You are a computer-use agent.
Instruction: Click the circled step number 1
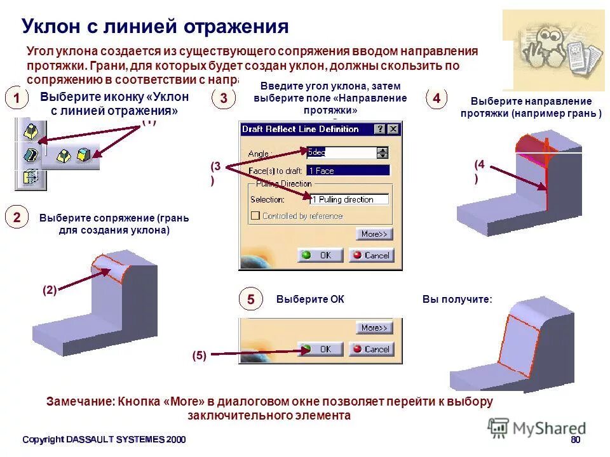point(17,98)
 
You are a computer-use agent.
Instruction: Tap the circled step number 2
point(17,217)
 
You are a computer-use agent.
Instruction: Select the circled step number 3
point(224,98)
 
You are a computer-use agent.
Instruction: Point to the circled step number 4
point(437,98)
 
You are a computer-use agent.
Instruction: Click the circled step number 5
point(250,300)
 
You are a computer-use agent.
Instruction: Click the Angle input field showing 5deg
point(341,152)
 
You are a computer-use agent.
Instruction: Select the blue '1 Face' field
point(348,170)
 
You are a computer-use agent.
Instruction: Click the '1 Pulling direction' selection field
point(349,199)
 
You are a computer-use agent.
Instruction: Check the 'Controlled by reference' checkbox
point(255,216)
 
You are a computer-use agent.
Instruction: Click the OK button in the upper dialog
point(320,255)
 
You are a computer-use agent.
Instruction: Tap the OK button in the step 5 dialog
point(320,349)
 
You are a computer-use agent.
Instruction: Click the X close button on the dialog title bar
point(394,129)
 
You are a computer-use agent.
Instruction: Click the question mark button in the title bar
point(380,129)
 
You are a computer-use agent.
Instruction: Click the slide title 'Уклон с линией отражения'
point(155,27)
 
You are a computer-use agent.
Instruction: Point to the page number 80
point(575,440)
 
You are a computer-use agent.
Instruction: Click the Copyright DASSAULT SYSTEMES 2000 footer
point(104,440)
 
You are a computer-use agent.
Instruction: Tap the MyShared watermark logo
point(538,428)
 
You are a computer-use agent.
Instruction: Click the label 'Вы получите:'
point(457,300)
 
